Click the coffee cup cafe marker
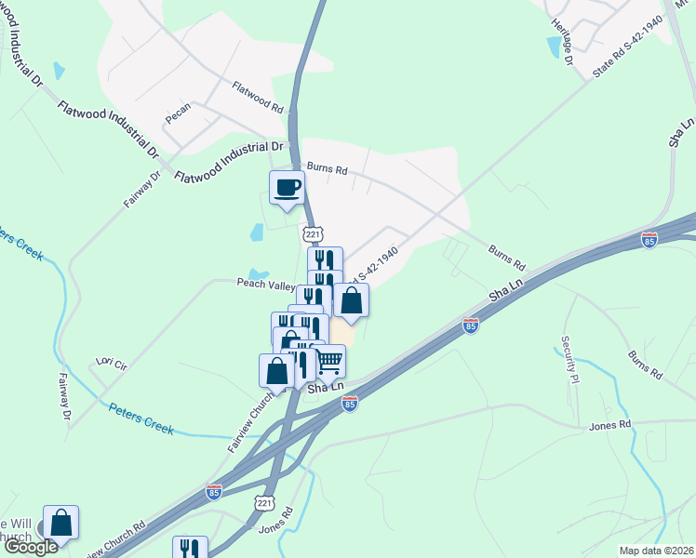pos(287,187)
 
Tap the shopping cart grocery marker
pos(328,361)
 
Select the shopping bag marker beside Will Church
pos(60,523)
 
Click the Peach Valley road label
pos(266,286)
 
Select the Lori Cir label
pos(111,362)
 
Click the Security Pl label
pos(569,359)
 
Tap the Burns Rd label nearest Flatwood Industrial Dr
pos(327,170)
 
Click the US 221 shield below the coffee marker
pos(313,232)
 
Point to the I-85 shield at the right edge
pos(649,241)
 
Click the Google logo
pos(31,547)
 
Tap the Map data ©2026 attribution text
pos(655,551)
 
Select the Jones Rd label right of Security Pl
pos(609,425)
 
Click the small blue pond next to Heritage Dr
pos(555,46)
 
